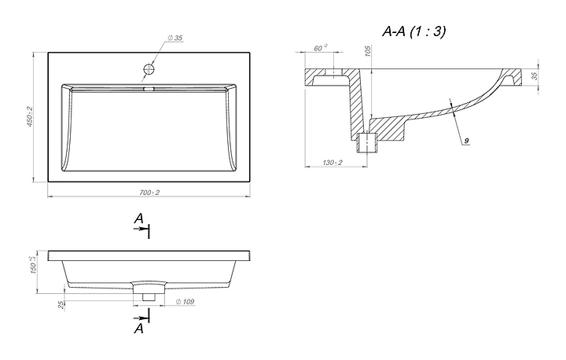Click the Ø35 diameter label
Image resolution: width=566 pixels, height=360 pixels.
(x=175, y=37)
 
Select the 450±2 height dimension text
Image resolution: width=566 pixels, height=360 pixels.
(x=29, y=118)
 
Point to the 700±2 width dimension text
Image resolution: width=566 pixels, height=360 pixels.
(x=149, y=193)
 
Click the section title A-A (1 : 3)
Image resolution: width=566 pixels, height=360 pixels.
(x=413, y=31)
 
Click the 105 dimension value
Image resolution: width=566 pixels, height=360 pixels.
(x=368, y=50)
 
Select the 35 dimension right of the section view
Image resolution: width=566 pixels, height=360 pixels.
(x=535, y=76)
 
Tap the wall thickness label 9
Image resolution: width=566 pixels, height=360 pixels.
(x=465, y=140)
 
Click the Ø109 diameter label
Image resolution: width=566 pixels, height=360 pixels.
(x=186, y=302)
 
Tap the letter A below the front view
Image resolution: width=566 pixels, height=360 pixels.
(x=138, y=330)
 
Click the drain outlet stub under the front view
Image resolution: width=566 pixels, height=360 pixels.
(x=149, y=292)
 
